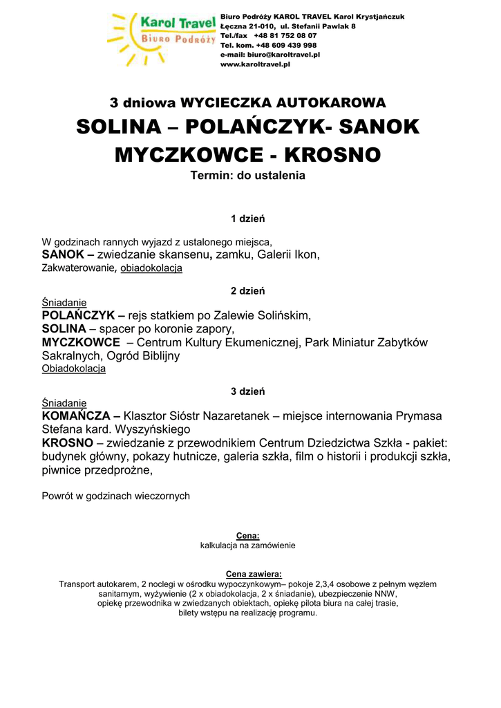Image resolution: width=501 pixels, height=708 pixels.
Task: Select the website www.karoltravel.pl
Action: pos(255,64)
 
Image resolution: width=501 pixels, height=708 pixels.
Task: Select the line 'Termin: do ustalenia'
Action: pos(247,176)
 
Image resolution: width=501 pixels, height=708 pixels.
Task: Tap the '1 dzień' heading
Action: pos(247,219)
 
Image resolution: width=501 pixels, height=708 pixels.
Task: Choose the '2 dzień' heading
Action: pos(247,291)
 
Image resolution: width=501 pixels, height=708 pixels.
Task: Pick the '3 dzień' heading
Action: pos(247,391)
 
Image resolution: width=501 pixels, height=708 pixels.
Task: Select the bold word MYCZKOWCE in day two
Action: pos(81,342)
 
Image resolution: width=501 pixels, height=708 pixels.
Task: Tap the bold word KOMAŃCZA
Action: pos(77,416)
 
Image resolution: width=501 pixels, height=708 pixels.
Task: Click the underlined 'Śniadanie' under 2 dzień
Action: pos(64,303)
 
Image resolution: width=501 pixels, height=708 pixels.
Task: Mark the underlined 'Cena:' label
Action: pos(247,535)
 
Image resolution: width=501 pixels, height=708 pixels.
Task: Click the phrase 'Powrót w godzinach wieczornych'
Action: pos(115,496)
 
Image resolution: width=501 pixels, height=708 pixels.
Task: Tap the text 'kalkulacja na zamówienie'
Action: pos(247,545)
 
